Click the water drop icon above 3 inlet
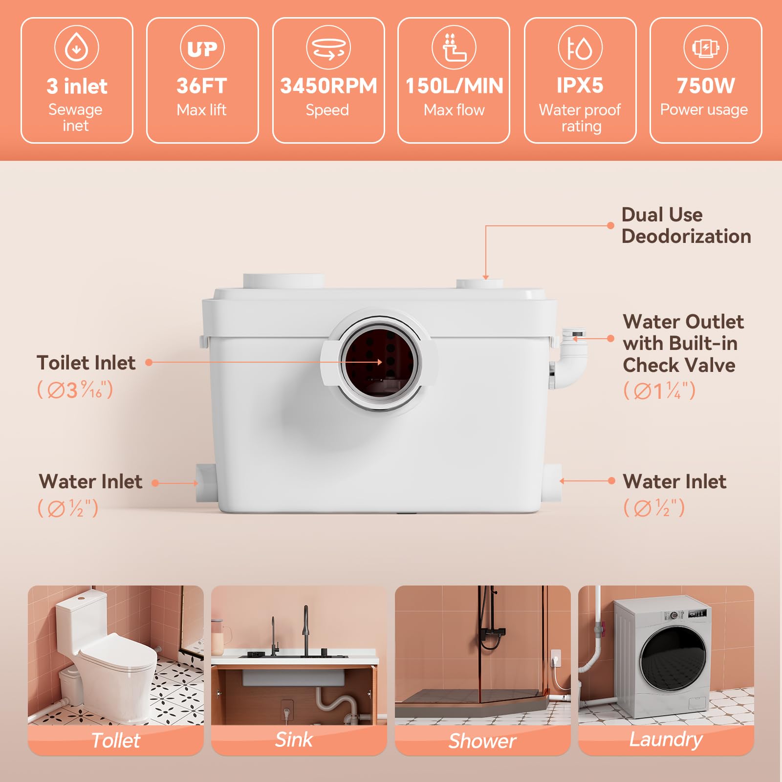(x=77, y=47)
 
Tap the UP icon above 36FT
(x=202, y=47)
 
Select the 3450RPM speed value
(x=328, y=86)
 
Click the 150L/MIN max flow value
(x=454, y=86)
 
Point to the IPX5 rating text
(x=580, y=86)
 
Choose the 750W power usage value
(x=706, y=86)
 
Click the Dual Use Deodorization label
(x=686, y=225)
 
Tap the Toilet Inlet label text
(x=86, y=363)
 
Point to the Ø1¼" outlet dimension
(x=659, y=391)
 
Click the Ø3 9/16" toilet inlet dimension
(x=75, y=390)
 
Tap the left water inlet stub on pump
(x=206, y=483)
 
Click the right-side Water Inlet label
(x=674, y=481)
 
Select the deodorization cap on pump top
(x=480, y=283)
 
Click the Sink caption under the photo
(x=294, y=739)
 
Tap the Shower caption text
(x=482, y=741)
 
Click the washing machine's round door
(x=673, y=658)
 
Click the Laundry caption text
(x=666, y=740)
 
